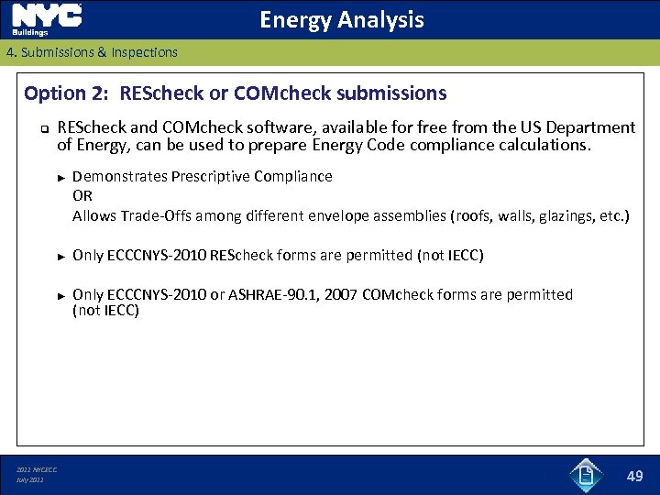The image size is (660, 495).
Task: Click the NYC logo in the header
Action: pyautogui.click(x=46, y=18)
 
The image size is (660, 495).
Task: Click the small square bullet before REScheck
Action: pyautogui.click(x=42, y=129)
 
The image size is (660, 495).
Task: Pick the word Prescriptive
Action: pyautogui.click(x=210, y=176)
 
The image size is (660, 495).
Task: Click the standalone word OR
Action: pyautogui.click(x=82, y=196)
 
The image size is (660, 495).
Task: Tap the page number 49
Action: pyautogui.click(x=634, y=476)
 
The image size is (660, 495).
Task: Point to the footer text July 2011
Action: pyautogui.click(x=30, y=480)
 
